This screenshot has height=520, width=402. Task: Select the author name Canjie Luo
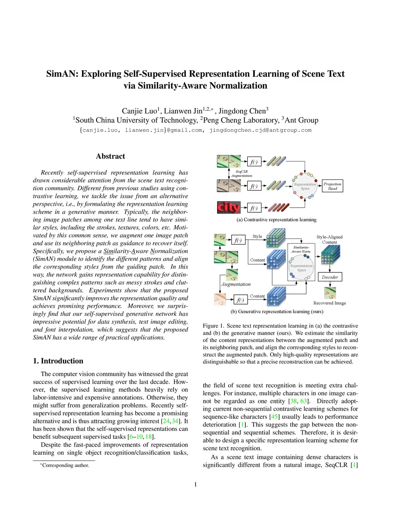(x=139, y=111)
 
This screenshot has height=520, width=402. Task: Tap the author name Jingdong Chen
(x=242, y=111)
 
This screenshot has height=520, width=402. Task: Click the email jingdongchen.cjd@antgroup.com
(x=260, y=130)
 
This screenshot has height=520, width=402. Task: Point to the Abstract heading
(x=110, y=156)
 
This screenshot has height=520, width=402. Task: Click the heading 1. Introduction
(x=58, y=361)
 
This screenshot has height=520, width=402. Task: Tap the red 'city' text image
(x=228, y=207)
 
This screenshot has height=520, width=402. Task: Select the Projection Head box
(x=333, y=186)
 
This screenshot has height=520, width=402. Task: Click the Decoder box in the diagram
(x=330, y=277)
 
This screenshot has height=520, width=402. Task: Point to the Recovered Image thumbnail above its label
(x=330, y=293)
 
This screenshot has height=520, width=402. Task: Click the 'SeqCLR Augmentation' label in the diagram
(x=241, y=173)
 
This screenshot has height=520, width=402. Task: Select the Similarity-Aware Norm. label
(x=301, y=249)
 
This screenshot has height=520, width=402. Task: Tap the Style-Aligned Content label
(x=329, y=239)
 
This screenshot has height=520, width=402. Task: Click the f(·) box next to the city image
(x=254, y=208)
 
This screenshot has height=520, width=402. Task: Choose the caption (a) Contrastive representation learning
(x=276, y=220)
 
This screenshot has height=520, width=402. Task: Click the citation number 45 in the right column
(x=274, y=417)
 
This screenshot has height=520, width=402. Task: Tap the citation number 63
(x=303, y=401)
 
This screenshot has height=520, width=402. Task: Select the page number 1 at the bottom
(x=196, y=485)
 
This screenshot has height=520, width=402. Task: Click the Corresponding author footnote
(x=65, y=465)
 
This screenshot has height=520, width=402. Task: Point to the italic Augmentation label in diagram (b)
(x=236, y=284)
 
